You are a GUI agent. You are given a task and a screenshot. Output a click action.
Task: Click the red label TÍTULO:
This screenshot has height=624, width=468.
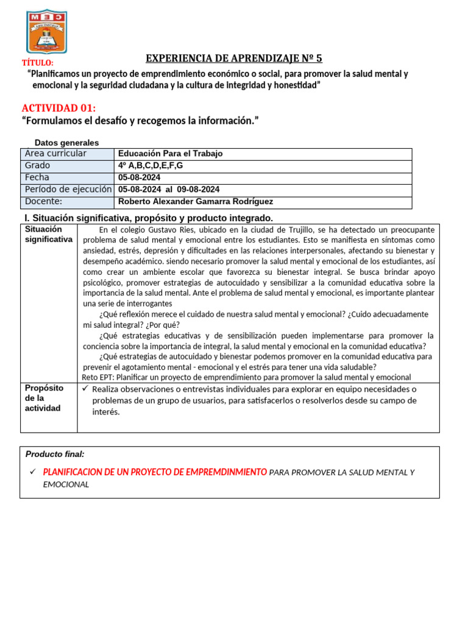[x=37, y=63]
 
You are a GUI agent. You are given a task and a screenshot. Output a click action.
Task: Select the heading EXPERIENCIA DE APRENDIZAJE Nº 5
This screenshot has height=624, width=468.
[x=234, y=58]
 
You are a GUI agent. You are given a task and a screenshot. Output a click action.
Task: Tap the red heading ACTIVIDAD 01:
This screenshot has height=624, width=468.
[x=58, y=108]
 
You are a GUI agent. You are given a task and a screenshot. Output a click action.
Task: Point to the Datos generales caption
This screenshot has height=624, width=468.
[x=66, y=143]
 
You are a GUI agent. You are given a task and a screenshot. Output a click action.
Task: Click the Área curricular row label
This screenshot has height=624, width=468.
[x=55, y=154]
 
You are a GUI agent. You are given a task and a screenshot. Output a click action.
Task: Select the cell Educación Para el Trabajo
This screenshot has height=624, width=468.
[x=170, y=154]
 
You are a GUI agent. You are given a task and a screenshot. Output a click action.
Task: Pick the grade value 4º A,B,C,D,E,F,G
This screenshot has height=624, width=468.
[x=150, y=166]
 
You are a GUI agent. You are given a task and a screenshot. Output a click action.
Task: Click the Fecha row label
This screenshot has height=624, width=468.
[x=37, y=177]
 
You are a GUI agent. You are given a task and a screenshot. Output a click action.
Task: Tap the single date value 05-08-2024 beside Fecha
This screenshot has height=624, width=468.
[x=139, y=177]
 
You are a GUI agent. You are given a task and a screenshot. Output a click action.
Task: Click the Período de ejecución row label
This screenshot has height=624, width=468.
[x=68, y=190]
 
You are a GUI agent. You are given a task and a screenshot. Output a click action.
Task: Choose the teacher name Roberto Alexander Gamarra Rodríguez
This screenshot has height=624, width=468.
[x=196, y=202]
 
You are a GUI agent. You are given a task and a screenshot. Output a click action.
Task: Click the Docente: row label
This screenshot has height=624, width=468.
[x=43, y=202]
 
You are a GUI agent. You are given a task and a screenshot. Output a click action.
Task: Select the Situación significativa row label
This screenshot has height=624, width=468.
[x=48, y=235]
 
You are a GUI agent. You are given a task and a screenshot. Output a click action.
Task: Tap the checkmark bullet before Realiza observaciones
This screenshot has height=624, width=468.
[x=85, y=389]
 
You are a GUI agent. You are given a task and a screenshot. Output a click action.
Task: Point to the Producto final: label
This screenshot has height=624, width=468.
[x=55, y=454]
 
